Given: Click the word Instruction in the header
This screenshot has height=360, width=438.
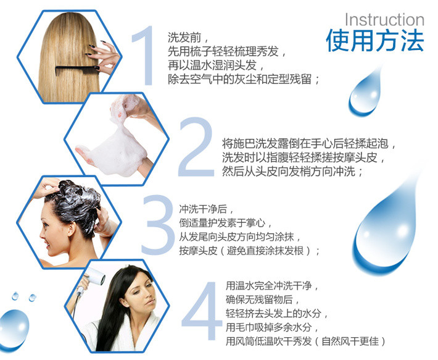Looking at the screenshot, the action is [384, 20].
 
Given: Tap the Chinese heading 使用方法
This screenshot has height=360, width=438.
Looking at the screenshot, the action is [375, 41].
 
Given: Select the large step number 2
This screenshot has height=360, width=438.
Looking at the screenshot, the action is [196, 147].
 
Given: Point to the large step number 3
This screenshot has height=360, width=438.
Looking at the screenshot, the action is [158, 225].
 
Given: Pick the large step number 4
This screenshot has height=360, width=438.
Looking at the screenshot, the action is [202, 311].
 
